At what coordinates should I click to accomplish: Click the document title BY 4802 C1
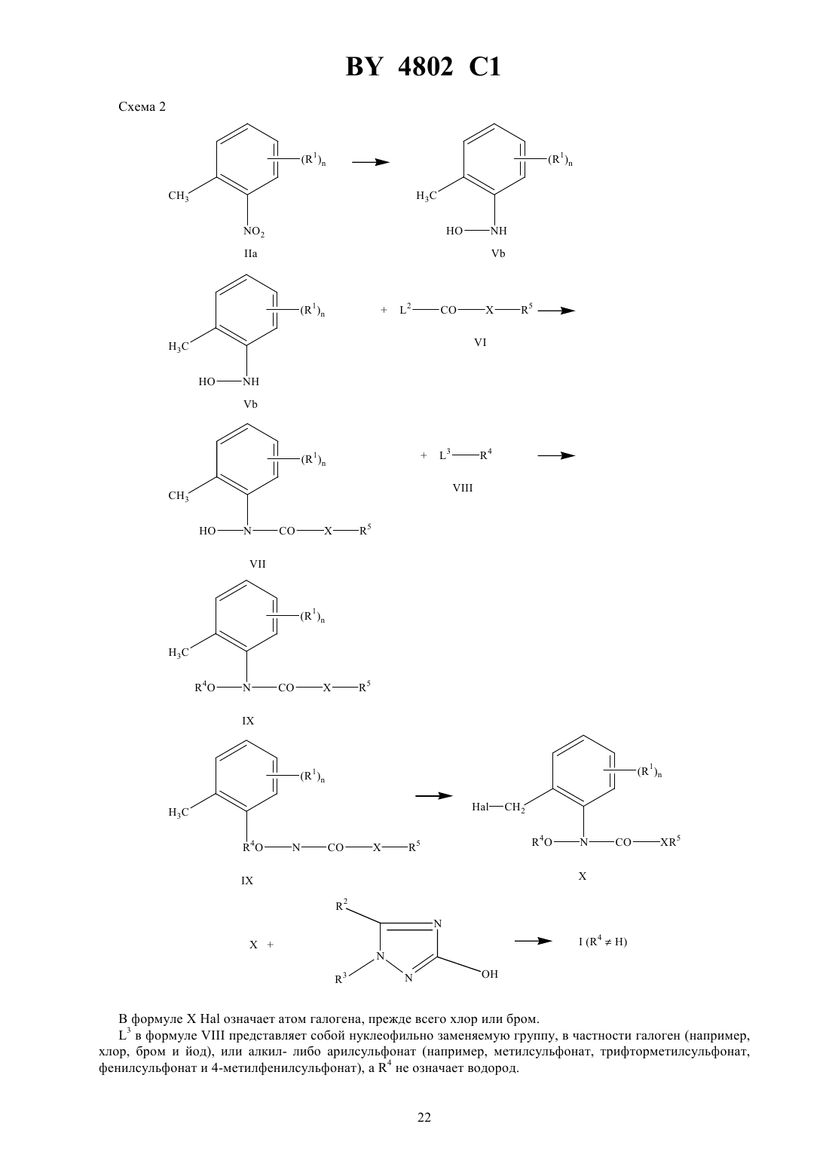[423, 67]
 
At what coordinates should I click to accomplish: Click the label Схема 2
[142, 107]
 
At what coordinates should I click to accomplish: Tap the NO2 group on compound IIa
[254, 231]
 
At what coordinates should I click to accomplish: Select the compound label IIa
[251, 254]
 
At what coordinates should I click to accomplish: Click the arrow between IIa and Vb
[371, 162]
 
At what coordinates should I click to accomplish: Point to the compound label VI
[480, 342]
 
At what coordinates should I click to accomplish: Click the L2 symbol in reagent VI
[405, 310]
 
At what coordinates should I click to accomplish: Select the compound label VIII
[463, 488]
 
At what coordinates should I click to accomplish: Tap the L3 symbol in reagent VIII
[445, 455]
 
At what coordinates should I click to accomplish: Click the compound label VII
[258, 564]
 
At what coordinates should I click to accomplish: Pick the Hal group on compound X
[480, 807]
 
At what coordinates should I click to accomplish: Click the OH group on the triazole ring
[489, 974]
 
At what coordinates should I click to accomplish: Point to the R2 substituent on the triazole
[341, 905]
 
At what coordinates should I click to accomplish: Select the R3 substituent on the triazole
[341, 979]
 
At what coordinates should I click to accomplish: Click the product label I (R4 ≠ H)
[602, 941]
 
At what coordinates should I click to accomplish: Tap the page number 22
[424, 1117]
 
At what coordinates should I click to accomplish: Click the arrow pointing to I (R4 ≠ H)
[534, 941]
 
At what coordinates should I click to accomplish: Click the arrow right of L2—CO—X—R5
[556, 311]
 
